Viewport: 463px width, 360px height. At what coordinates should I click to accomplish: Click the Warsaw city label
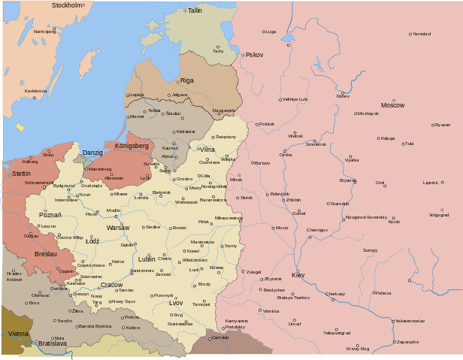[117, 227]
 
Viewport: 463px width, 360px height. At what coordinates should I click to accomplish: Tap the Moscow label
[392, 105]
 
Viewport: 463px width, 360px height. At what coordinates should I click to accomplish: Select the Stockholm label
[66, 5]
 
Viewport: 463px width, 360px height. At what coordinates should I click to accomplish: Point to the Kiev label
[298, 275]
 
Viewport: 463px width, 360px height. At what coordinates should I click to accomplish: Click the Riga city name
[187, 80]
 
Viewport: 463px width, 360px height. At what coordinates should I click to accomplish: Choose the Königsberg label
[132, 145]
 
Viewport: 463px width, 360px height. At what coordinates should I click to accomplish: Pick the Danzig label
[92, 153]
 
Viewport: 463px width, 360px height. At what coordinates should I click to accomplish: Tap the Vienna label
[18, 333]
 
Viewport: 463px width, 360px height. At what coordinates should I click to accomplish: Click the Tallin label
[195, 11]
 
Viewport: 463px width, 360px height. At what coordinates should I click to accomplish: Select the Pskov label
[255, 55]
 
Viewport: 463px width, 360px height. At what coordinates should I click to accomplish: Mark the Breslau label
[45, 254]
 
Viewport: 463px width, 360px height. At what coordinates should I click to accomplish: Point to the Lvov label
[175, 303]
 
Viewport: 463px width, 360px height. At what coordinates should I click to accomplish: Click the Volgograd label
[439, 215]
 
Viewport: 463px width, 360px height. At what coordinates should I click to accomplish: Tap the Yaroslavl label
[422, 34]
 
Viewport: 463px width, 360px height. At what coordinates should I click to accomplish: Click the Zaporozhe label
[407, 342]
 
